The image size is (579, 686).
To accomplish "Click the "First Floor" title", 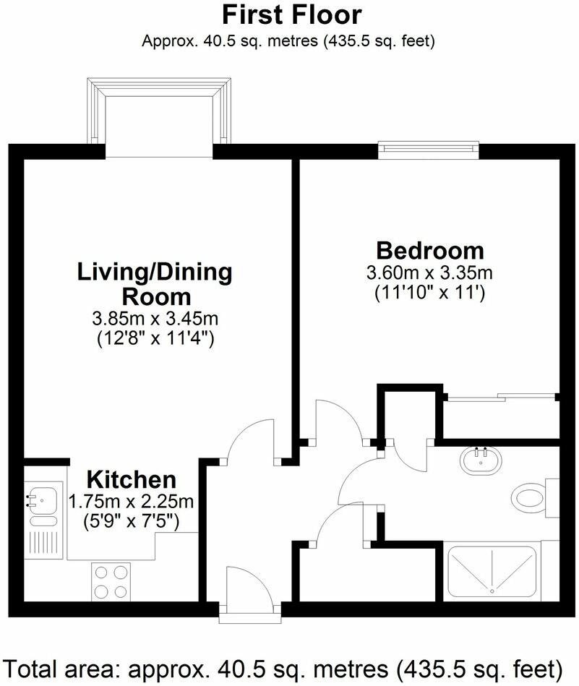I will [291, 14].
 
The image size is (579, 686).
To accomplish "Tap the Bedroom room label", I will [429, 251].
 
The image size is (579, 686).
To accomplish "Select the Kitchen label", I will [131, 479].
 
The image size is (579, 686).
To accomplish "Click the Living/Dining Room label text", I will [155, 284].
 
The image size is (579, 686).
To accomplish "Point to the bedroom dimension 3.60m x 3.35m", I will [429, 274].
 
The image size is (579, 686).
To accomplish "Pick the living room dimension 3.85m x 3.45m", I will [155, 317].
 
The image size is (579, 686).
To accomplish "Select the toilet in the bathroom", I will [533, 498].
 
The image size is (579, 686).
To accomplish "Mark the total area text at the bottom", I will [289, 666].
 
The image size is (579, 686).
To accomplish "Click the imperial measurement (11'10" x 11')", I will [429, 293].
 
